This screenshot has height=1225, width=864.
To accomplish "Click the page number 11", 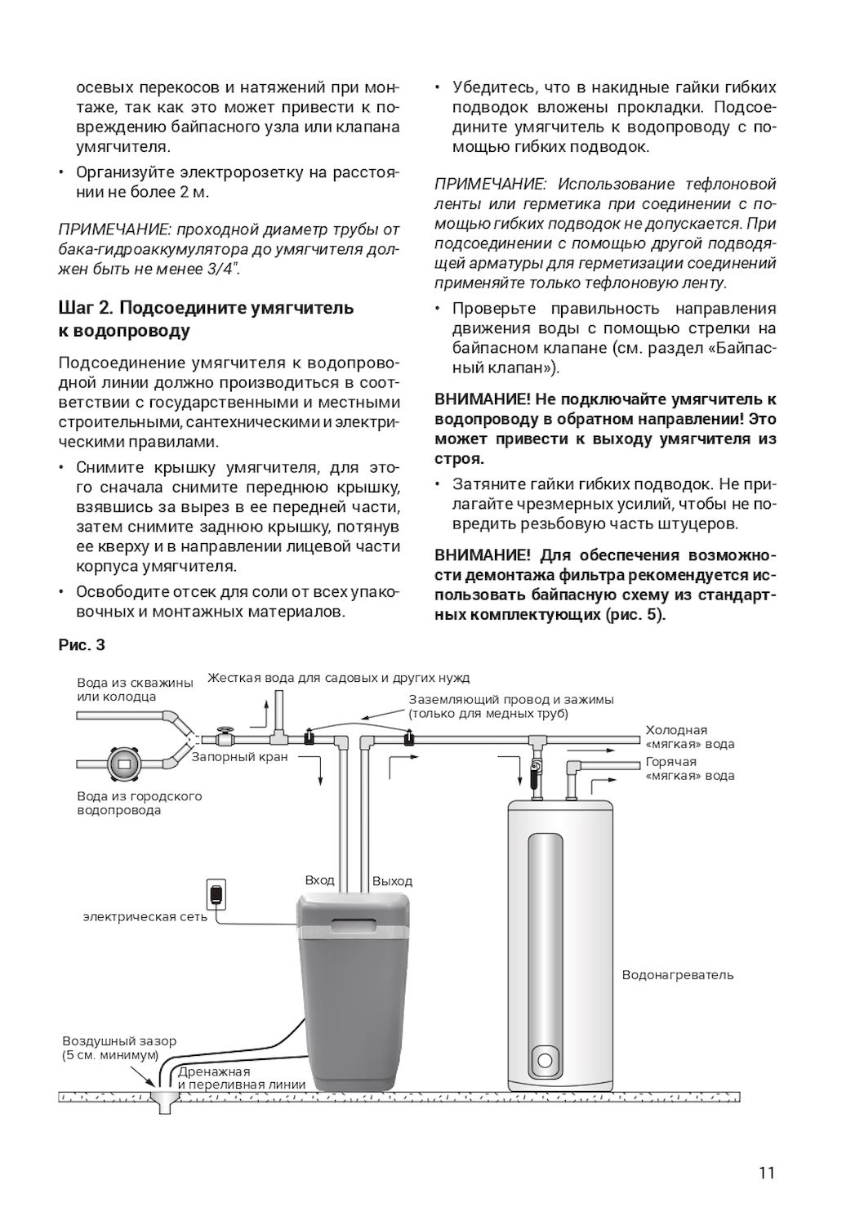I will click(x=765, y=1174).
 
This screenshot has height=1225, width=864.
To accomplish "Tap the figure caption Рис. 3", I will click(x=82, y=645).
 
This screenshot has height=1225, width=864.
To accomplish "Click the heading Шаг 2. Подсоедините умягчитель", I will click(x=206, y=308).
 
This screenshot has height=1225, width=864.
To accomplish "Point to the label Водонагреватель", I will click(x=677, y=975).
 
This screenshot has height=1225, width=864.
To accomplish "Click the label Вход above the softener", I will click(x=319, y=880).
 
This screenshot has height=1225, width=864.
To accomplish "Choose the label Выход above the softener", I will click(x=392, y=881).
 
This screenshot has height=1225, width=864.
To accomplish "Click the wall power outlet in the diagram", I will click(x=215, y=894).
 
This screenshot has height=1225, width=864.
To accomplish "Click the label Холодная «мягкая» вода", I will click(x=689, y=737).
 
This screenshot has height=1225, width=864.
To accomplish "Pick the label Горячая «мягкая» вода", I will click(x=689, y=768).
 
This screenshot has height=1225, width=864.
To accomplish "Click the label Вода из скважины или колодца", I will click(x=135, y=689).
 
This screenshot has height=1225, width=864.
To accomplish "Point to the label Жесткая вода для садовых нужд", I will click(x=338, y=678).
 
